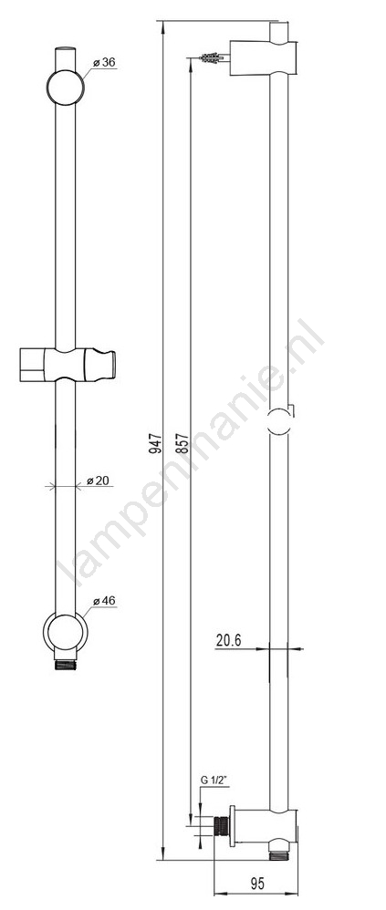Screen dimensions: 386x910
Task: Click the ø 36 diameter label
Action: tap(104, 62)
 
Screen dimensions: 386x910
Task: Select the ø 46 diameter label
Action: tap(104, 601)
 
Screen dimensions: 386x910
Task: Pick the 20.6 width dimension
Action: tap(229, 640)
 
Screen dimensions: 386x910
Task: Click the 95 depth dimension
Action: tap(256, 884)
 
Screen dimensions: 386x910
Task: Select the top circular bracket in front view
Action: tap(65, 88)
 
